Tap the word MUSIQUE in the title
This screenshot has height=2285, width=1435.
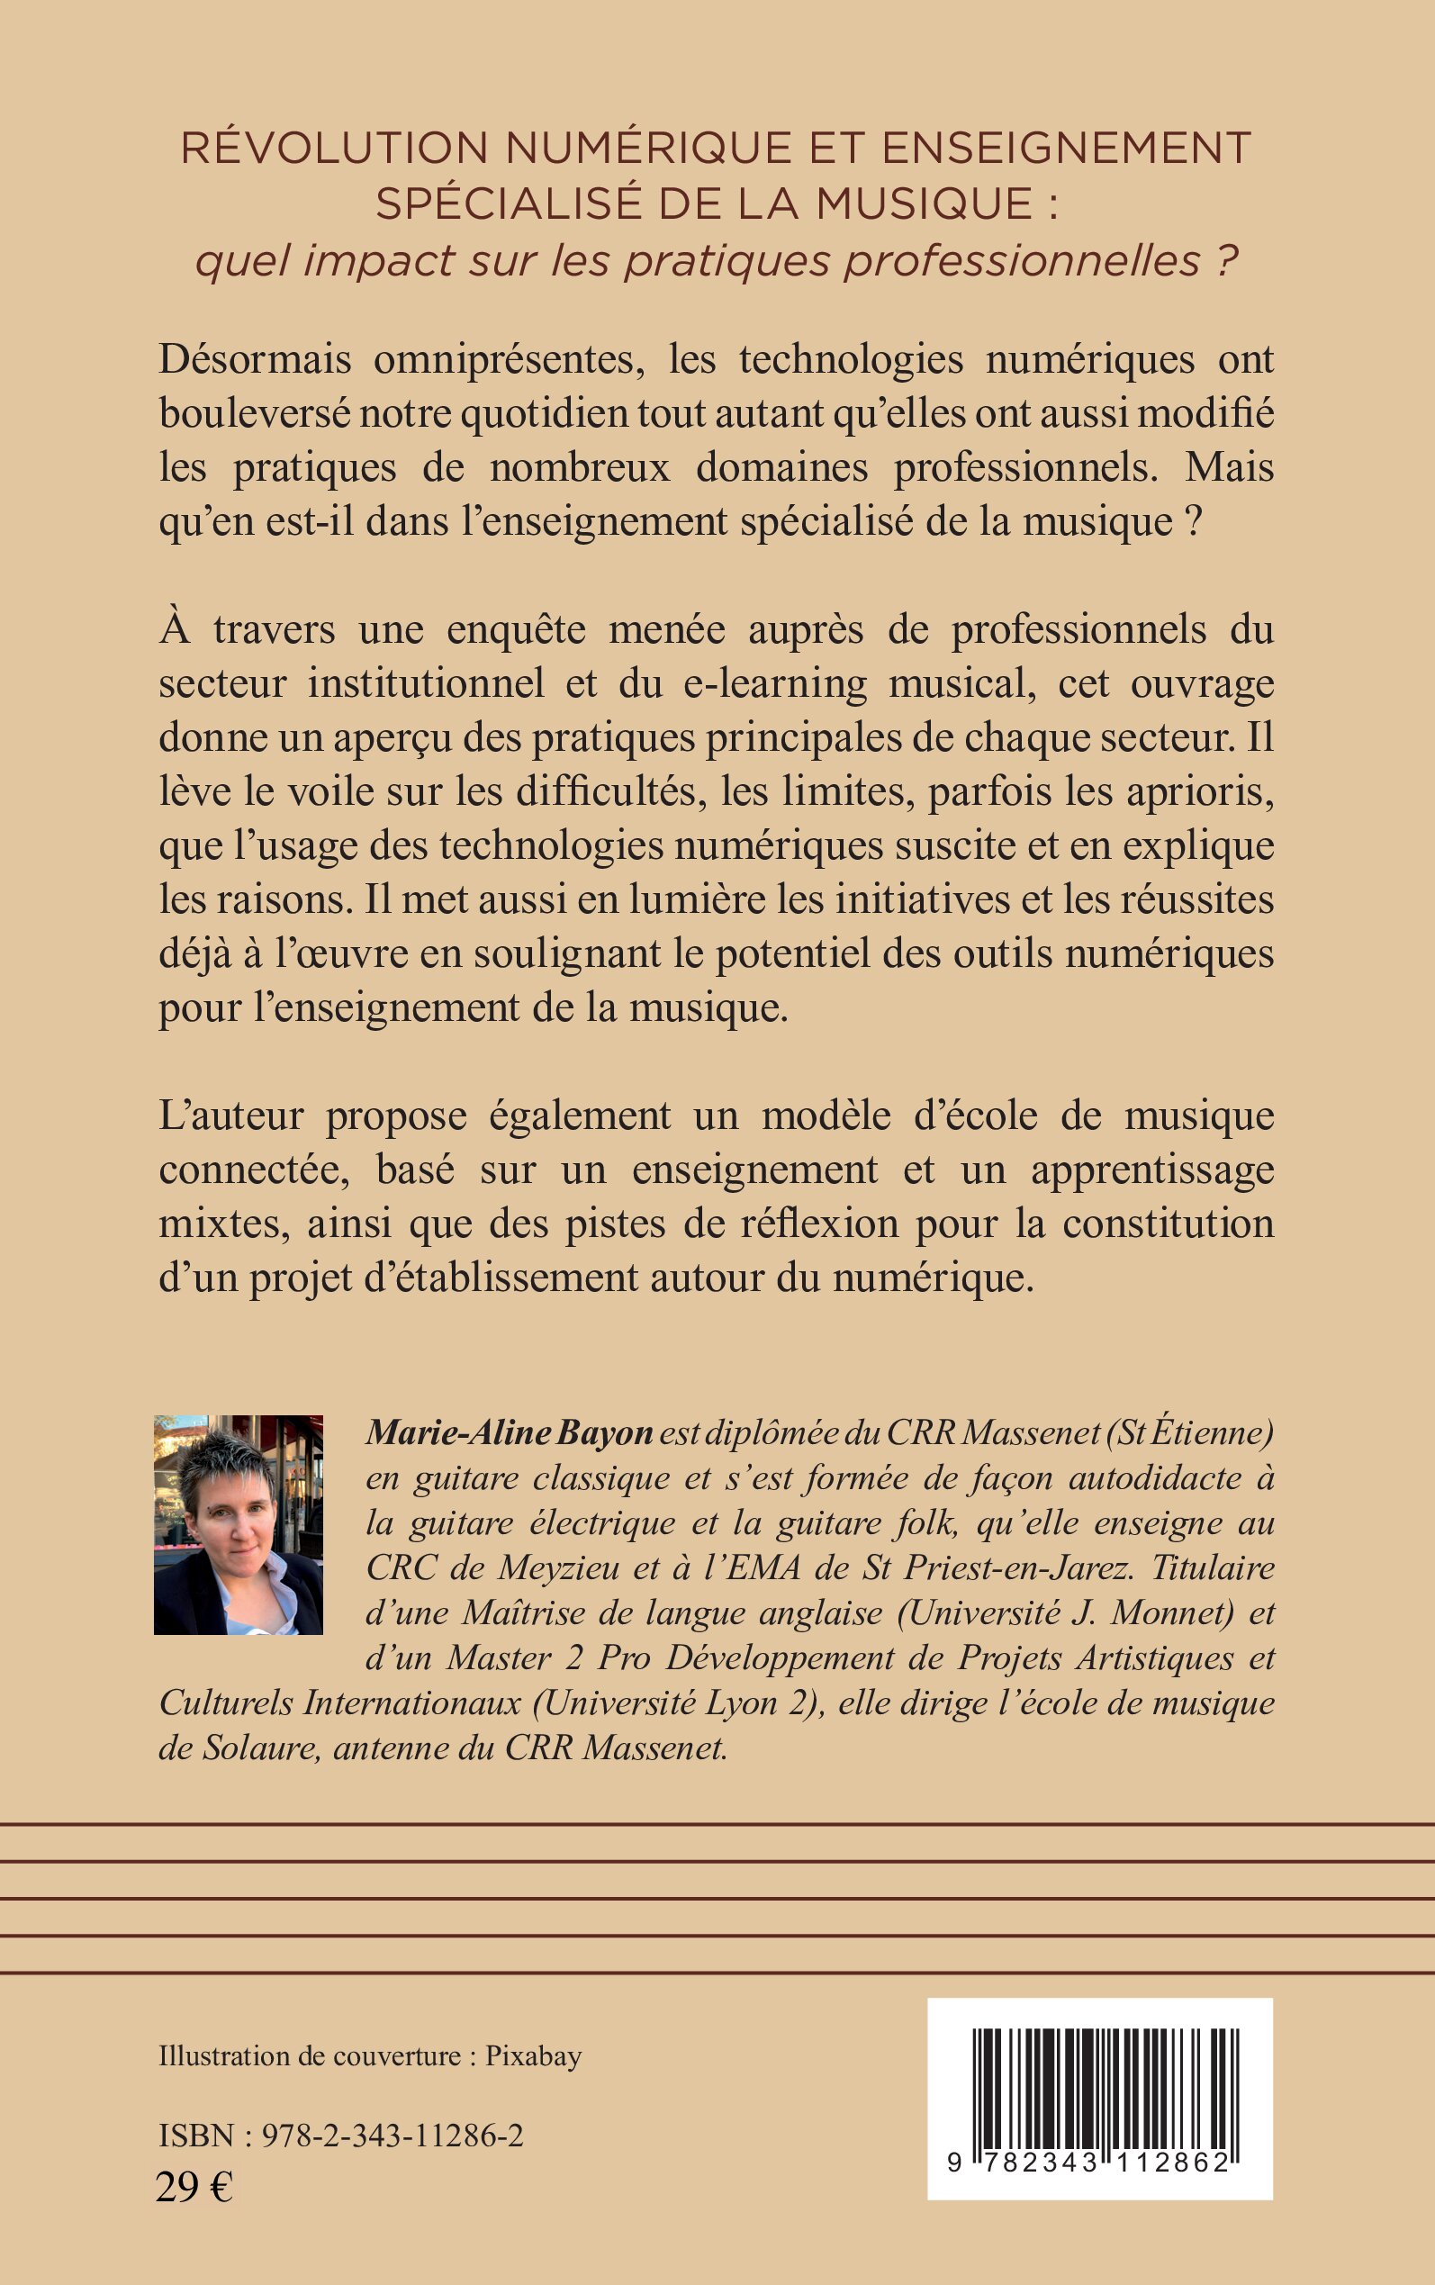925,204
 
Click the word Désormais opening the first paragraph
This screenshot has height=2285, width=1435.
255,359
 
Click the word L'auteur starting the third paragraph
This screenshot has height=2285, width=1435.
230,1115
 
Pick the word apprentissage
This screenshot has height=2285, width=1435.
1152,1170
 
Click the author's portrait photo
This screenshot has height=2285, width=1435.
239,1525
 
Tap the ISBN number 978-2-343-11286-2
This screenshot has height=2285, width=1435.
392,2136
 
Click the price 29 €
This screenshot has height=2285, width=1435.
194,2187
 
